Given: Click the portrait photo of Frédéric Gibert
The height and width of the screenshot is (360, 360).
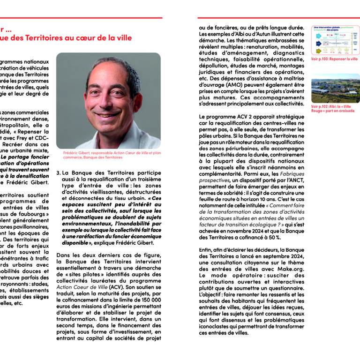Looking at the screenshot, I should point(108,101).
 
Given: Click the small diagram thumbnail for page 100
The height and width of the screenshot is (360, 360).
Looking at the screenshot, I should point(335,40).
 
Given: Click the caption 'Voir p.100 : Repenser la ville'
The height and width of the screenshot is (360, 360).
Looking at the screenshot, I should point(334,60).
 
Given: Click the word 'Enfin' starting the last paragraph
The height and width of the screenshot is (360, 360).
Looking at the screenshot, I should point(206,251).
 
